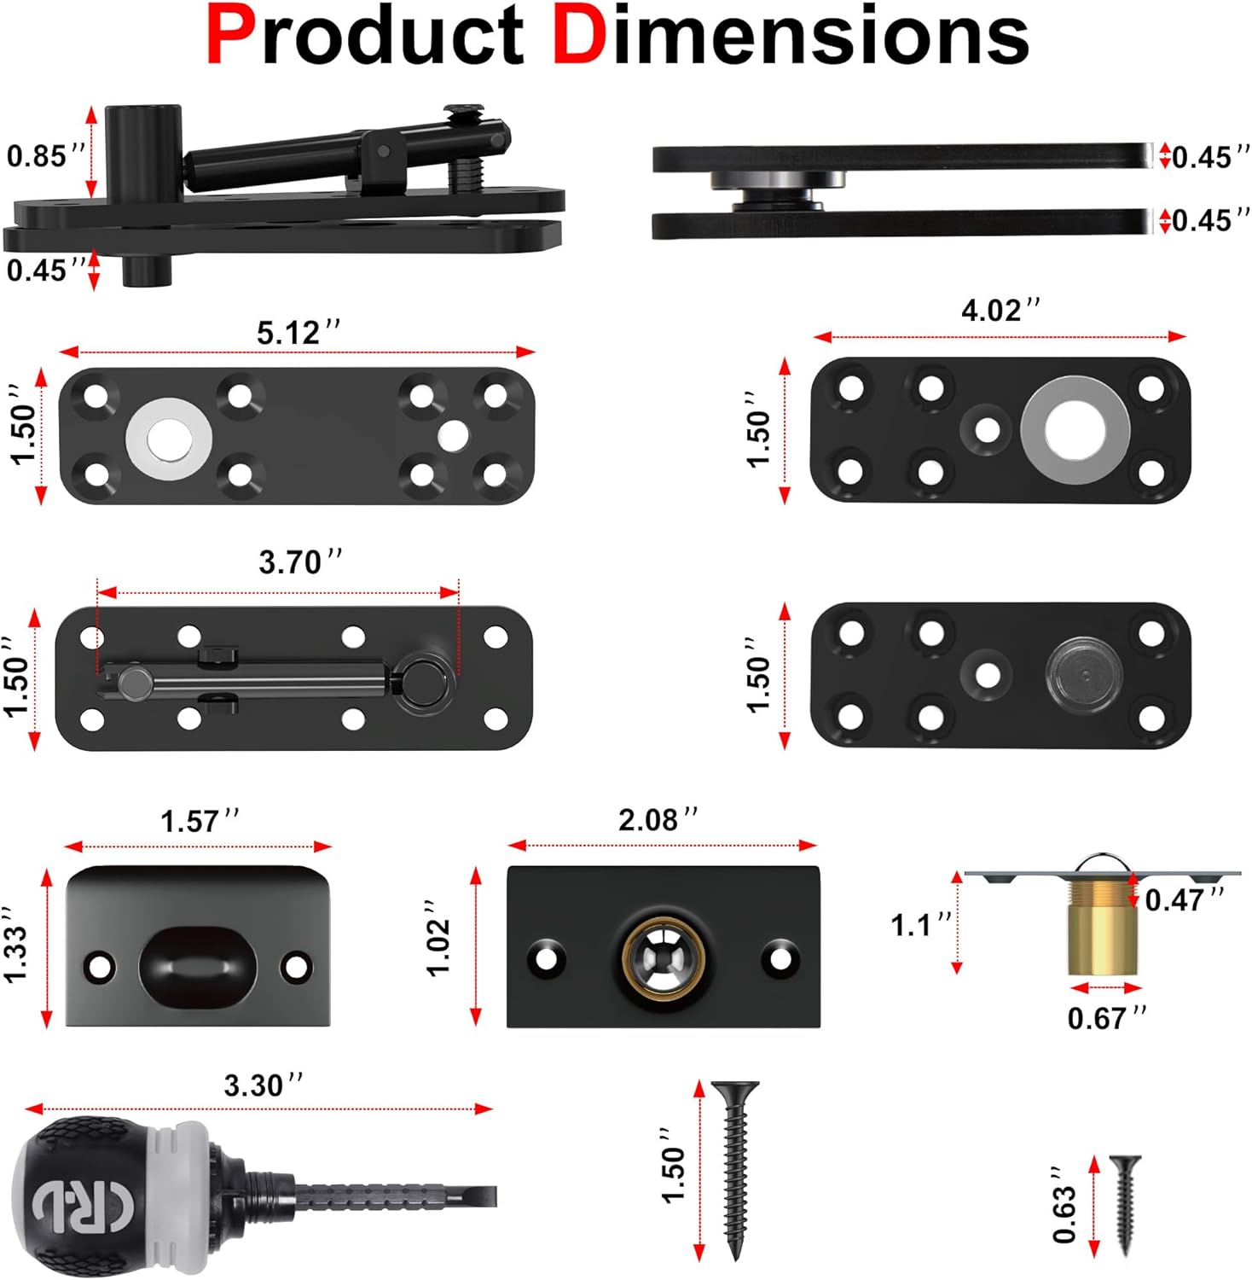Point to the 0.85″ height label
point(45,156)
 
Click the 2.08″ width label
point(658,820)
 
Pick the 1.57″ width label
point(200,822)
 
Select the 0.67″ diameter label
point(1106,1018)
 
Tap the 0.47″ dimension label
point(1184,899)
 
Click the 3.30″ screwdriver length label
point(263,1085)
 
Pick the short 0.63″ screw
point(1124,1203)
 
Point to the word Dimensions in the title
point(791,36)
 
